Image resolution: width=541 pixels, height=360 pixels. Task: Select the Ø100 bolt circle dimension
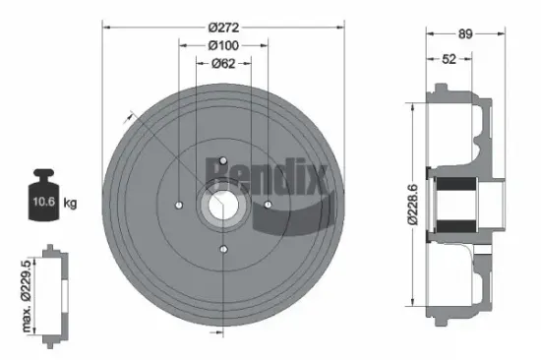(x=224, y=45)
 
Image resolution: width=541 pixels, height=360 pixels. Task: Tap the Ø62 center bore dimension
(x=224, y=64)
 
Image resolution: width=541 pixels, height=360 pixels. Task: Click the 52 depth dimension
(x=449, y=60)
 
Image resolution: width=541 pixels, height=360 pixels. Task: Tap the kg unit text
(x=69, y=204)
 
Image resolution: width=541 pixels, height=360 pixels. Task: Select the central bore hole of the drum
(x=223, y=205)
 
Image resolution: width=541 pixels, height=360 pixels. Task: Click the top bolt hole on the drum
(x=223, y=160)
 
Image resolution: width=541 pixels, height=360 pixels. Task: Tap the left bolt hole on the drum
(x=178, y=205)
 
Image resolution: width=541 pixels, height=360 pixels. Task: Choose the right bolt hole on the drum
(x=268, y=205)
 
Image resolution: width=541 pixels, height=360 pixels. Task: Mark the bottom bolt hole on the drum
(x=223, y=250)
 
